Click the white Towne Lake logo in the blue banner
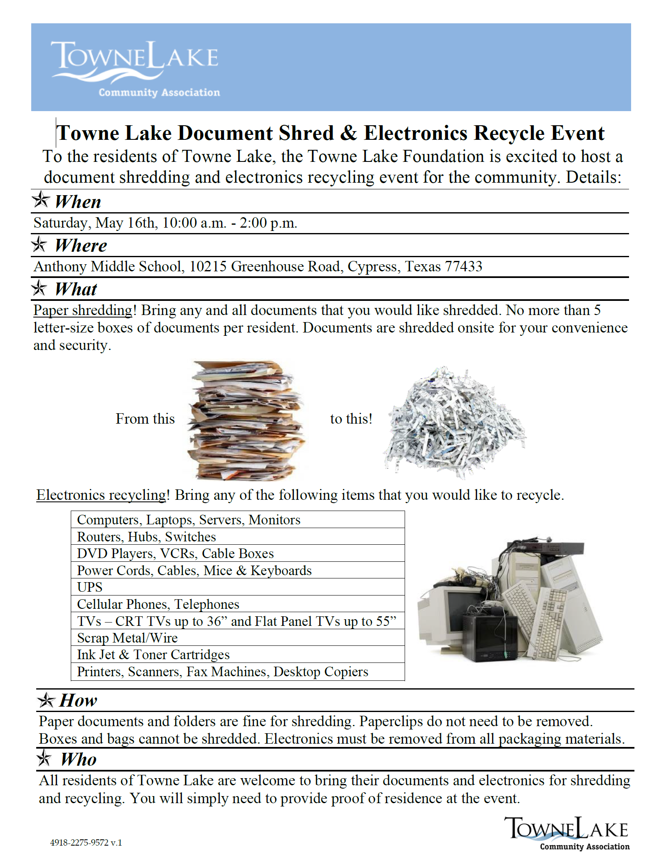[x=135, y=68]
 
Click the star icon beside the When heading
[x=41, y=200]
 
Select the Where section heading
[x=81, y=246]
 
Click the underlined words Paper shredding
[x=83, y=310]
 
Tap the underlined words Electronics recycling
[x=101, y=495]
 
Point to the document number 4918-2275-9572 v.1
[x=86, y=843]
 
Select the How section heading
[x=78, y=700]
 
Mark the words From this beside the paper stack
[x=145, y=419]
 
